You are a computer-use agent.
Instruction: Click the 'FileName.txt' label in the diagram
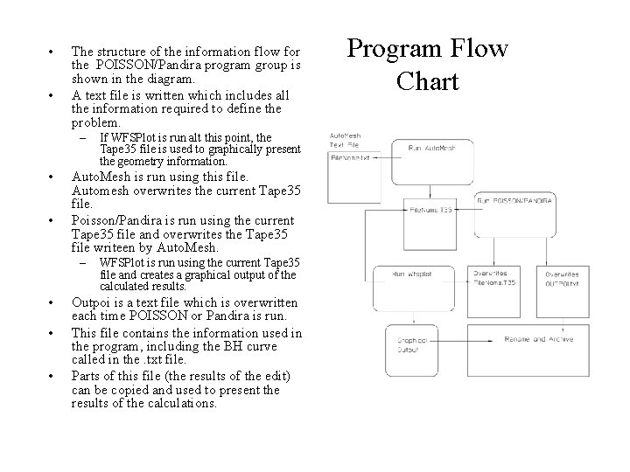pyautogui.click(x=351, y=157)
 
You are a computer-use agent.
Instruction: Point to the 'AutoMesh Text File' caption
pyautogui.click(x=346, y=141)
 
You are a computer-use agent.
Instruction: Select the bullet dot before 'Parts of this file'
pyautogui.click(x=53, y=377)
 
